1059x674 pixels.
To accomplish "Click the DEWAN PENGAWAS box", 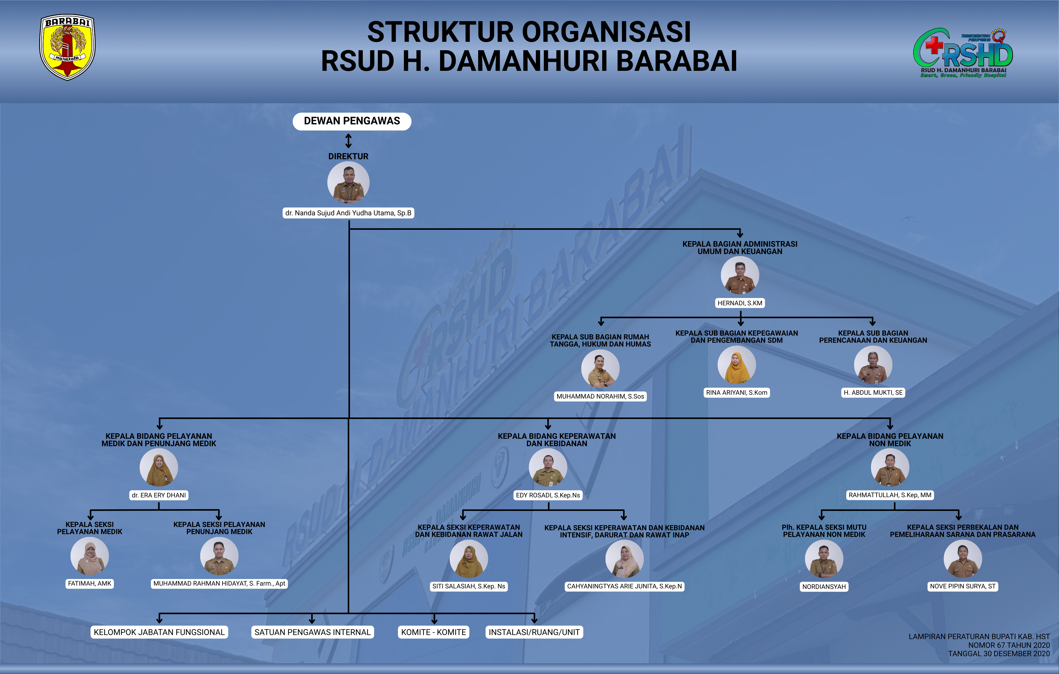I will pyautogui.click(x=352, y=121).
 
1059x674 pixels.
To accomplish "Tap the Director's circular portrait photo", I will pyautogui.click(x=348, y=182).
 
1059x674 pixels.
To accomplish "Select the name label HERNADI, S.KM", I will pyautogui.click(x=740, y=303).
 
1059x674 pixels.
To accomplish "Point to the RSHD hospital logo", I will pyautogui.click(x=963, y=53).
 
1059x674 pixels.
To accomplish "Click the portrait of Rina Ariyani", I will pyautogui.click(x=737, y=365).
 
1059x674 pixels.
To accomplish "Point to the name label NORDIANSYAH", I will pyautogui.click(x=824, y=586).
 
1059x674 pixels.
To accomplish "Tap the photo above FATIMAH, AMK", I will pyautogui.click(x=90, y=556).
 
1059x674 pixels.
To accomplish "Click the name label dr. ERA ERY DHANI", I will pyautogui.click(x=159, y=495).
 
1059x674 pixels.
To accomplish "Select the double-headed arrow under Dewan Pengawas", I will pyautogui.click(x=348, y=141).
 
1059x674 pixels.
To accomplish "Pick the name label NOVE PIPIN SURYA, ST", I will pyautogui.click(x=963, y=586).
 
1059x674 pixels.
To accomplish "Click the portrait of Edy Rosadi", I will pyautogui.click(x=548, y=467).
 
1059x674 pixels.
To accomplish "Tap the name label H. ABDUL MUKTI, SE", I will pyautogui.click(x=873, y=392).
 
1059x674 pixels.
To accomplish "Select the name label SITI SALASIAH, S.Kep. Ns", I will pyautogui.click(x=469, y=586).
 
